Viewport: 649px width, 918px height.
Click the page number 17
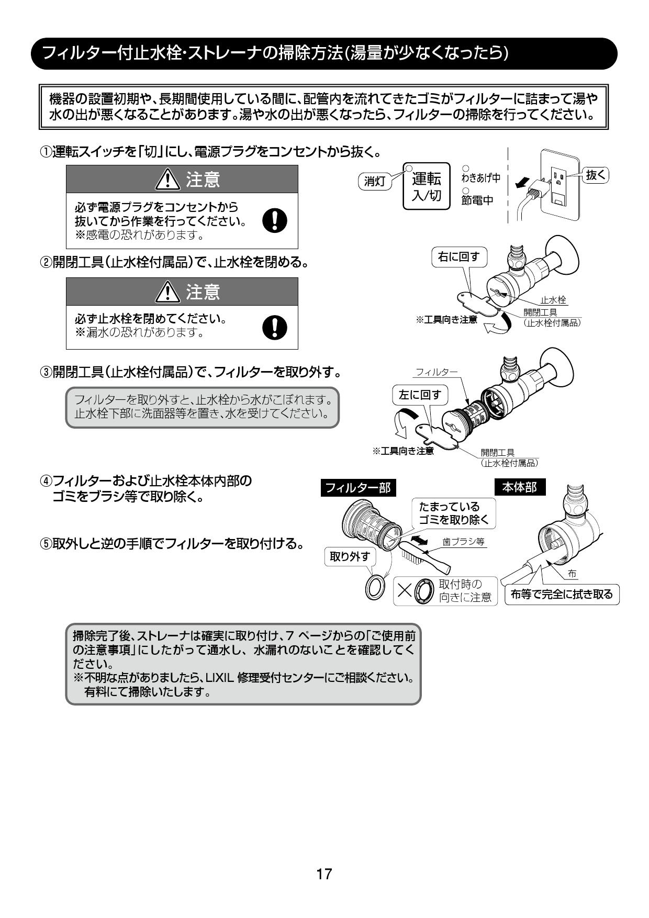coord(324,874)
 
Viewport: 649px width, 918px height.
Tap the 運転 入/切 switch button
coord(427,186)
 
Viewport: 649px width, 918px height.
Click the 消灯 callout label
coord(374,181)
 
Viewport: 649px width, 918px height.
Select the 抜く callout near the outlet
coord(596,175)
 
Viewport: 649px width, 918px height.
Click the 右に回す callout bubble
coord(458,256)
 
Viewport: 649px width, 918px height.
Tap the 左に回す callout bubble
coord(420,395)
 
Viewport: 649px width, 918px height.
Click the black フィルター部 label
coord(358,488)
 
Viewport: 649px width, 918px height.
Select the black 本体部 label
coord(520,487)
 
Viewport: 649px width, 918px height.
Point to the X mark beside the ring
coord(405,590)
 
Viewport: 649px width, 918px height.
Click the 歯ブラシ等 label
coord(463,542)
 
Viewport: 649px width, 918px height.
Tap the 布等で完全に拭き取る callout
coord(562,595)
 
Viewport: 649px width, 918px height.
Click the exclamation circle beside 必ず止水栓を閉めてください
coord(274,327)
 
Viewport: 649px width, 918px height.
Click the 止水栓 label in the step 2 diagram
coord(553,300)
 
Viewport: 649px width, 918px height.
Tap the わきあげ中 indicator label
coord(480,177)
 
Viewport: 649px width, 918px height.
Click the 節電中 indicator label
coord(477,200)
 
